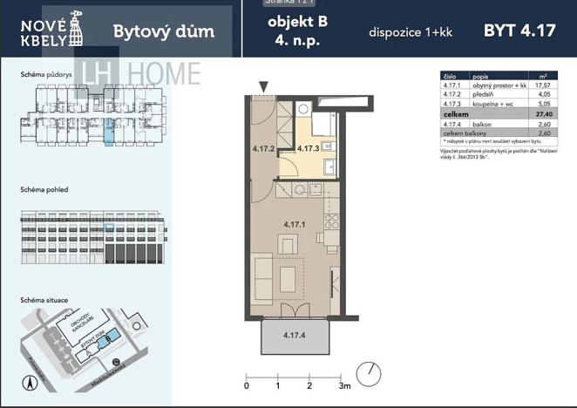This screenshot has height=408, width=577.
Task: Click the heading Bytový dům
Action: (163, 33)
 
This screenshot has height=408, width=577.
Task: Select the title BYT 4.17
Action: (519, 31)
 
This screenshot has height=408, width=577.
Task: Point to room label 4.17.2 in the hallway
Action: (263, 148)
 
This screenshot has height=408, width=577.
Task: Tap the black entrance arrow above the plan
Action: (263, 85)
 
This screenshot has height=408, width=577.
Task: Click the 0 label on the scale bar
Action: (247, 384)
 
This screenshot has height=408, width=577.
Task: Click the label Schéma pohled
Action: (44, 189)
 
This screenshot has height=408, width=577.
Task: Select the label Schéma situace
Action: (45, 300)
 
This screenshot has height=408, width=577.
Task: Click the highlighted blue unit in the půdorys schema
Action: (108, 132)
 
